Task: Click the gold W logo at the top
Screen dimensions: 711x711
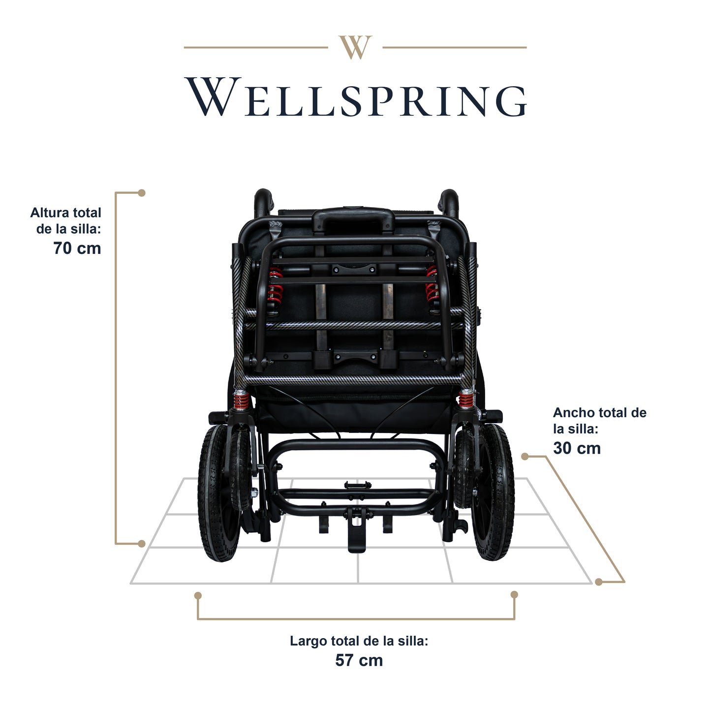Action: [x=355, y=47]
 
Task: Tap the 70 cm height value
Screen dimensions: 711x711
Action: [x=77, y=248]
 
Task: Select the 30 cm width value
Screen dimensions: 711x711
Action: [x=577, y=448]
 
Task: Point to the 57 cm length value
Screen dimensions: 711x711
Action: [x=359, y=660]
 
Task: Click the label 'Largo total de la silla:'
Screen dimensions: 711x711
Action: [x=359, y=641]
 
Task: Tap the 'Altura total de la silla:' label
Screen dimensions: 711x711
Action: [x=66, y=221]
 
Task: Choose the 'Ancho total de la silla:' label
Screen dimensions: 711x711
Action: [x=599, y=420]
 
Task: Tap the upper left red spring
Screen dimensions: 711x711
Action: [x=275, y=285]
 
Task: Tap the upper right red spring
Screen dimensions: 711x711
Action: [x=433, y=285]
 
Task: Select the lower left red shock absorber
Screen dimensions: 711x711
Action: [x=241, y=400]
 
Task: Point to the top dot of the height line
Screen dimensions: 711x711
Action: [x=142, y=193]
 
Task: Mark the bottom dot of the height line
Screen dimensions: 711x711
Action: [x=142, y=544]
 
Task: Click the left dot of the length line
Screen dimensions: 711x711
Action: [x=198, y=595]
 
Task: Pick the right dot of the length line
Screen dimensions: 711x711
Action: [x=514, y=595]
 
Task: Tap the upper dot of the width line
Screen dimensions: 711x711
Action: [x=525, y=457]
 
